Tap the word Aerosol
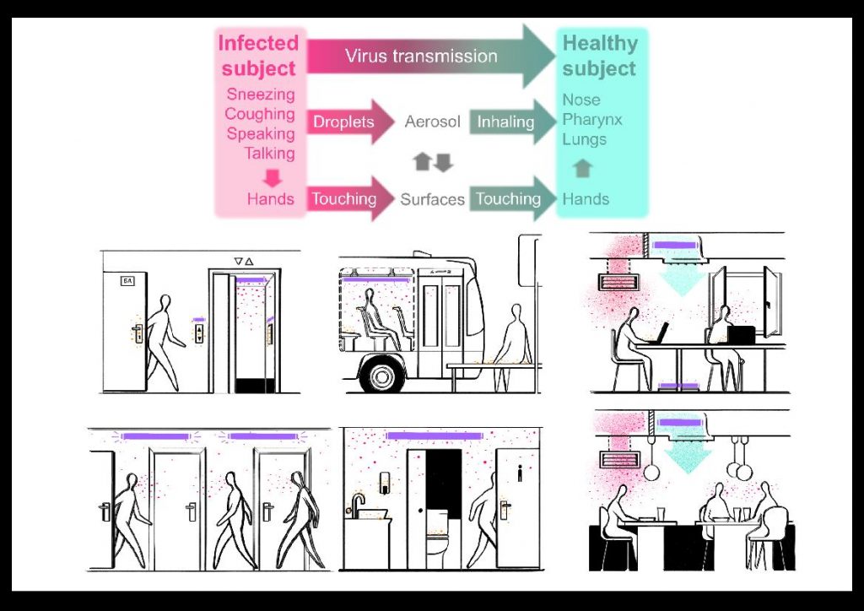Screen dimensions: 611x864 (432, 122)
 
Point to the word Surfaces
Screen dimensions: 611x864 (432, 199)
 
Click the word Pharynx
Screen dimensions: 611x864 (592, 119)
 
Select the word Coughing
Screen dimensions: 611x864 (260, 114)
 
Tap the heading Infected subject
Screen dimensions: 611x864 (259, 56)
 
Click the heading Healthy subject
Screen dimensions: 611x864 (600, 56)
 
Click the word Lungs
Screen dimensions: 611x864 (584, 139)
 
